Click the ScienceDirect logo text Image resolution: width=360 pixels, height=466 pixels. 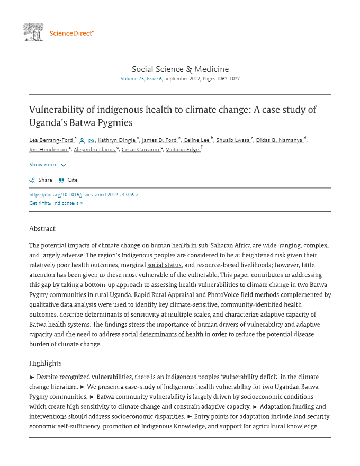[x=71, y=33]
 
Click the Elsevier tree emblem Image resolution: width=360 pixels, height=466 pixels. [x=33, y=32]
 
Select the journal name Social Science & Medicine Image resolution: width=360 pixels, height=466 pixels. [x=180, y=69]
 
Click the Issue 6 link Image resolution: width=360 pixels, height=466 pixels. [x=155, y=79]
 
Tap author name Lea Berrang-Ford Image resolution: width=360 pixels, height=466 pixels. [x=52, y=140]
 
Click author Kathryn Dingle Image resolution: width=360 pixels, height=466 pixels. [x=116, y=140]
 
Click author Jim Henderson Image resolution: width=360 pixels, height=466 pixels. [x=48, y=150]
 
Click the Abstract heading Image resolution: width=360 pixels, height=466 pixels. [x=42, y=229]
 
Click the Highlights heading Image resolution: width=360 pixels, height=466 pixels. [x=46, y=363]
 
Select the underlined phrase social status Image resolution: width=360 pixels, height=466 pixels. [x=165, y=264]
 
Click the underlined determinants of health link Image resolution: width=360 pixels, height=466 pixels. [x=171, y=334]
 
